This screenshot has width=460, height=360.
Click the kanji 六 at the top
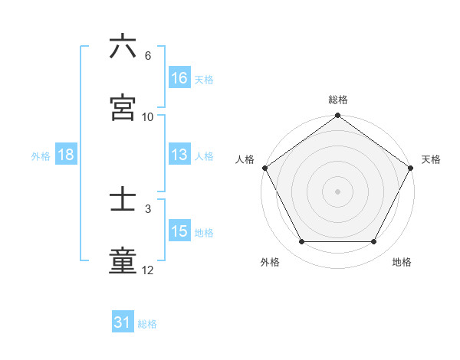(x=123, y=47)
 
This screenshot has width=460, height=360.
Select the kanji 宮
(x=123, y=107)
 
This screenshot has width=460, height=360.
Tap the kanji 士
(x=123, y=200)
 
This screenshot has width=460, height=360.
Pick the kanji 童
(x=123, y=261)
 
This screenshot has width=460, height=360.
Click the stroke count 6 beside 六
(x=147, y=56)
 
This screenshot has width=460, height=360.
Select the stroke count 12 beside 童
(x=148, y=270)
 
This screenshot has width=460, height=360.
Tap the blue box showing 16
(x=179, y=78)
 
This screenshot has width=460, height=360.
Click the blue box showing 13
(x=179, y=155)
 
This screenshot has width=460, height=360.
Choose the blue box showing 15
(x=179, y=231)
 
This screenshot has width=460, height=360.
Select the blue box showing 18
(x=66, y=155)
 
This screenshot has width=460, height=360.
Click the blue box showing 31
(x=123, y=323)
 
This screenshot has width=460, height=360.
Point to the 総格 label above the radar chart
(x=337, y=100)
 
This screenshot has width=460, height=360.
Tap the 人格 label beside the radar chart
(x=245, y=159)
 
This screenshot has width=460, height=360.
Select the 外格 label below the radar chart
(x=270, y=263)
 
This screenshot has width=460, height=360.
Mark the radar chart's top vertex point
(x=337, y=116)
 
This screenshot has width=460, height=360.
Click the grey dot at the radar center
(x=337, y=191)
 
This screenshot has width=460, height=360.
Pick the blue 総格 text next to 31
(x=147, y=324)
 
